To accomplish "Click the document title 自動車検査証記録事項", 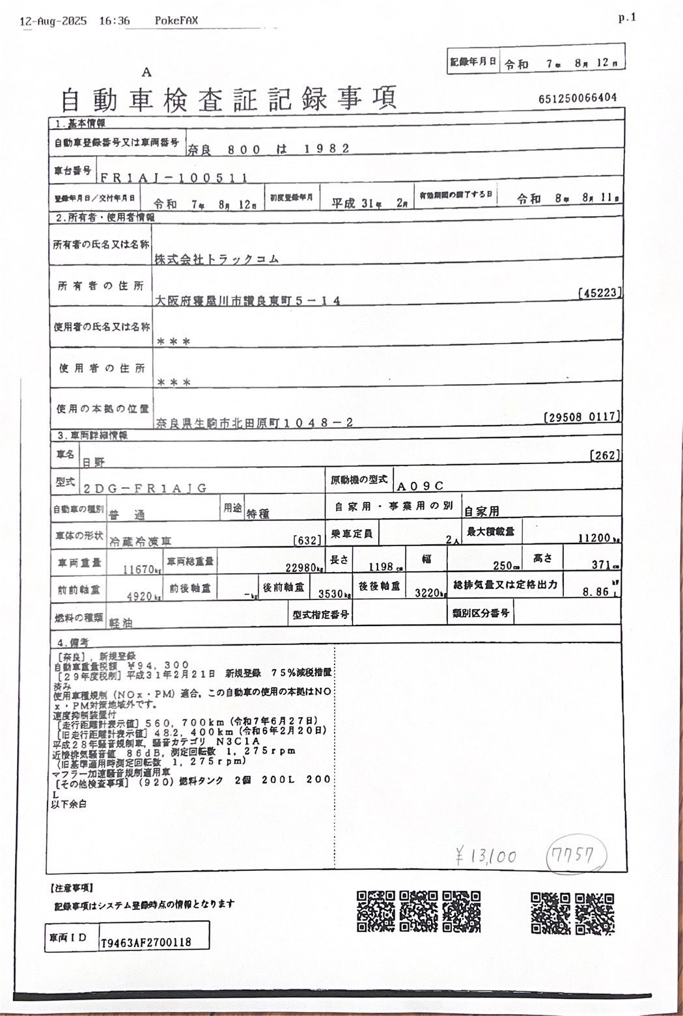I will pos(228,99).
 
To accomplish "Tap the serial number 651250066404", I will pos(578,98).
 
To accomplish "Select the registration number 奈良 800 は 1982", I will pos(269,149).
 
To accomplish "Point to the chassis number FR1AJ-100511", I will pos(173,177).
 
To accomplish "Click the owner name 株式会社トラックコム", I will pos(217,259).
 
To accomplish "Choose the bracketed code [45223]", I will pos(599,293).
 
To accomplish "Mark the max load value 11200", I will pos(594,538).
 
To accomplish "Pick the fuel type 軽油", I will pos(120,623).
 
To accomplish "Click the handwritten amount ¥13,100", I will pos(486,857).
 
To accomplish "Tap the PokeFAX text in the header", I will pos(176,21).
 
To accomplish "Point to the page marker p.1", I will pos(626,18).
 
